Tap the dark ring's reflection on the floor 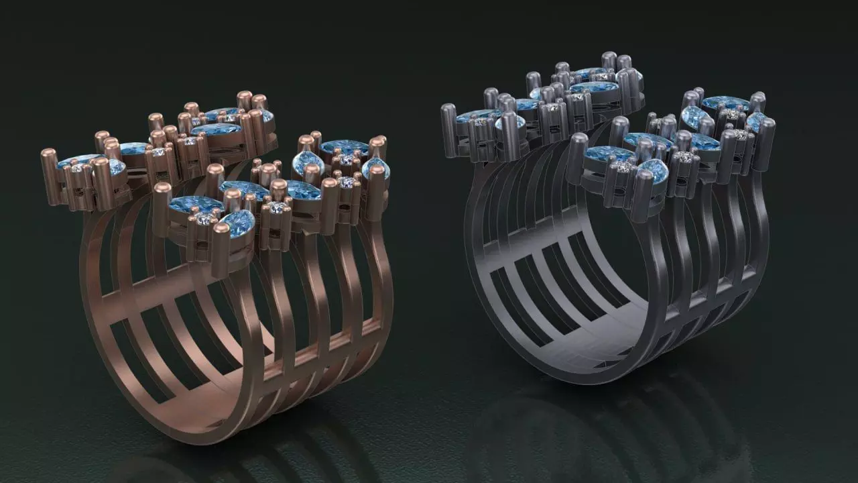click(x=603, y=429)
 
